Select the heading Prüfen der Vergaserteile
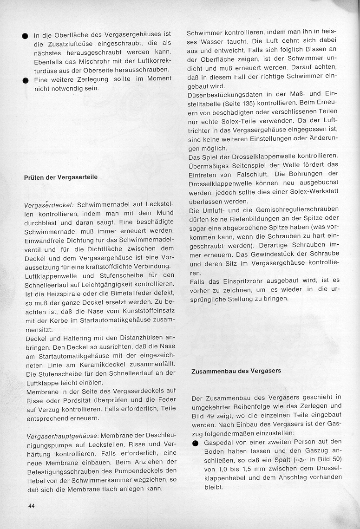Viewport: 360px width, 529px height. tap(61, 177)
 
